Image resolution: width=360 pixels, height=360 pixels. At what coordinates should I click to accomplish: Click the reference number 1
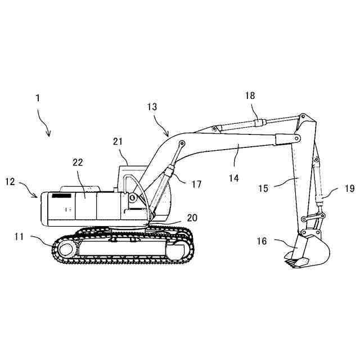(x=38, y=98)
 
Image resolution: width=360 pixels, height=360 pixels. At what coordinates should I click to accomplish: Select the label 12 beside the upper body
(x=11, y=182)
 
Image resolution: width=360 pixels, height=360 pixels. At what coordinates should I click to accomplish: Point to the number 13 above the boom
(x=152, y=106)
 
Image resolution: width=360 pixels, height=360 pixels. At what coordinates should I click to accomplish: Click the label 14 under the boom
(x=233, y=178)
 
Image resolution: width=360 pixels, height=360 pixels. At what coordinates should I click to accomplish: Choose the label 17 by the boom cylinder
(x=196, y=183)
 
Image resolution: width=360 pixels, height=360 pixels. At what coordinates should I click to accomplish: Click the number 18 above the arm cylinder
(x=250, y=96)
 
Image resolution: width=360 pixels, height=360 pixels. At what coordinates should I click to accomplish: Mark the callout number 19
(x=349, y=189)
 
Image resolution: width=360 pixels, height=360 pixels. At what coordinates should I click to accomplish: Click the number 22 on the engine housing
(x=78, y=162)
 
